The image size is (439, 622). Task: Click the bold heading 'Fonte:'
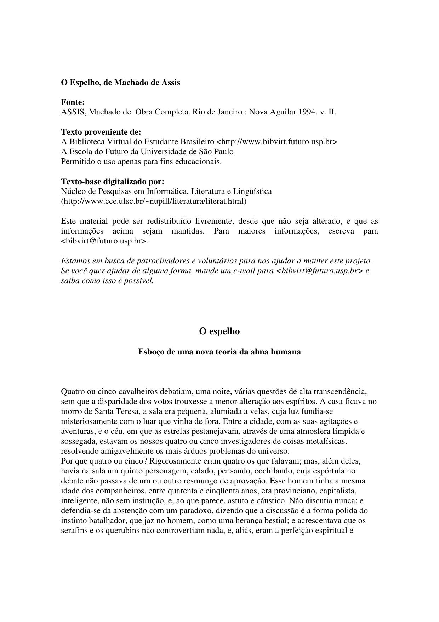point(73,102)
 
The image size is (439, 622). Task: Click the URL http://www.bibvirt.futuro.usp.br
point(276,142)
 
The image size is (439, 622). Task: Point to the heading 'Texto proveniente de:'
point(101,132)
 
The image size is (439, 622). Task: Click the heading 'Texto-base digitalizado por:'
point(113,181)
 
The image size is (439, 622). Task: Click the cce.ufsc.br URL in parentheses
point(154,201)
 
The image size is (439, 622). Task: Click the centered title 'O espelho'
point(219,331)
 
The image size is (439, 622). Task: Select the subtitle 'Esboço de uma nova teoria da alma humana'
point(219,352)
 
